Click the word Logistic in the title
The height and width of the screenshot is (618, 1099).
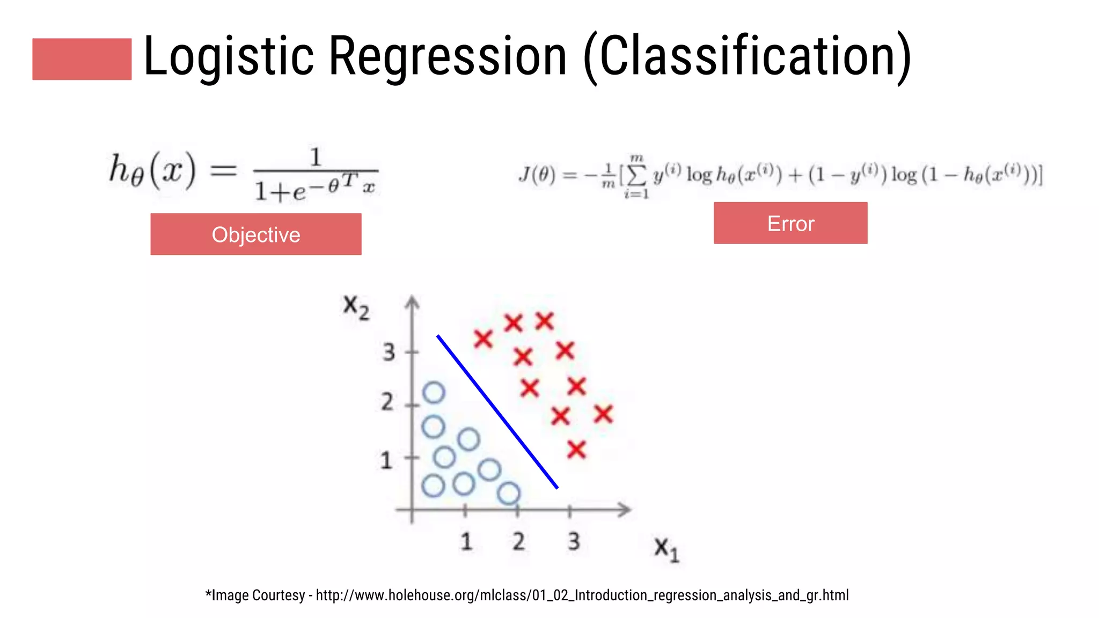(228, 56)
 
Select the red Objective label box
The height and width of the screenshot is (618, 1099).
(255, 234)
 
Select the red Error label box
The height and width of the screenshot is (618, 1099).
(790, 223)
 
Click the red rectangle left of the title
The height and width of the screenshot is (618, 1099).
(82, 59)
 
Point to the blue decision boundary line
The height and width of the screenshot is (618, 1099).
(497, 412)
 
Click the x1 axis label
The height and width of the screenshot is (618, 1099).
(666, 549)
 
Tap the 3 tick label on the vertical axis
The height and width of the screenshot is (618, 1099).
(389, 352)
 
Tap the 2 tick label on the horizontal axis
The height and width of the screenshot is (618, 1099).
(518, 541)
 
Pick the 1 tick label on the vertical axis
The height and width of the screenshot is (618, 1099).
(386, 460)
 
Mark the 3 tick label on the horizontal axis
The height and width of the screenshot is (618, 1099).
(574, 541)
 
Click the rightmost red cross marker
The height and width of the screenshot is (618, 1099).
(603, 414)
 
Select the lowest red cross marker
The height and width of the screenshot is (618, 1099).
(576, 449)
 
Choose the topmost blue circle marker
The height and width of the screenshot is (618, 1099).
(434, 393)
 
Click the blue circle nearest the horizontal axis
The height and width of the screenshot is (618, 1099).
(508, 493)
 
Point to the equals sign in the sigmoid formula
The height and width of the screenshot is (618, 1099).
(223, 171)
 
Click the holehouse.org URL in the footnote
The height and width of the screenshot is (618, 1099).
(582, 595)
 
